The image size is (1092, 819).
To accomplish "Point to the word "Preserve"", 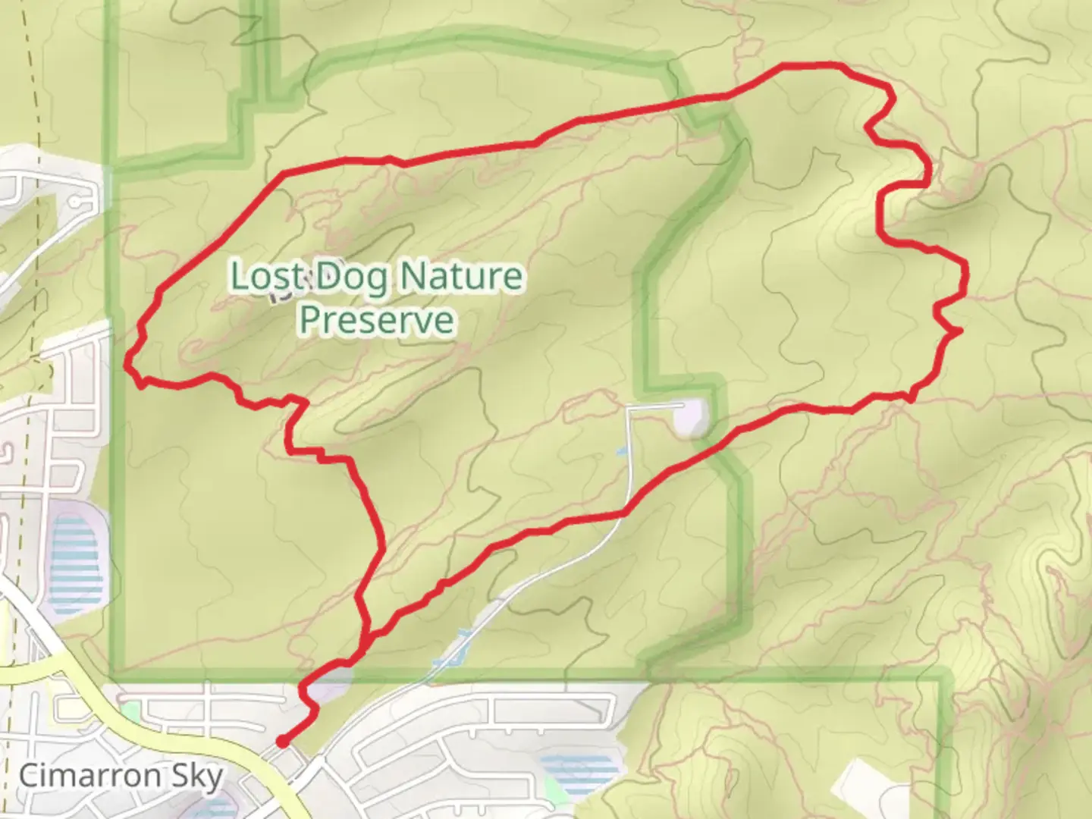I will point(377,320).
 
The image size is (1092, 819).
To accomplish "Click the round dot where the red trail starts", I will point(282,742).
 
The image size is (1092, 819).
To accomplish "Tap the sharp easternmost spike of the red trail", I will point(960,331).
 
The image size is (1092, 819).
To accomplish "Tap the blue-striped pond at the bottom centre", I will point(580,770).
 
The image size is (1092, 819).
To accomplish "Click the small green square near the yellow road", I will point(130,711).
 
